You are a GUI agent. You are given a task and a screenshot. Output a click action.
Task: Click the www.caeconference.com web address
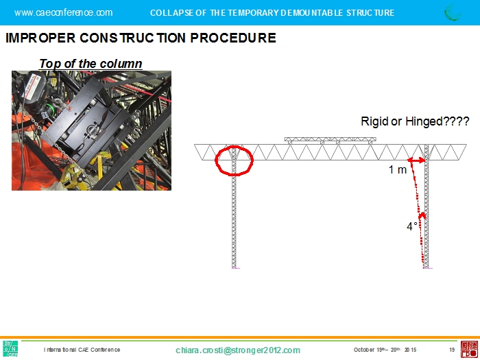tap(63, 12)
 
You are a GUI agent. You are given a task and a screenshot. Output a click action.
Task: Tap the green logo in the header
tap(453, 12)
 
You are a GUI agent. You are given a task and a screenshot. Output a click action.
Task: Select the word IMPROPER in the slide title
tap(40, 38)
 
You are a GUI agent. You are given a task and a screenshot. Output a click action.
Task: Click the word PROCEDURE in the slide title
tap(233, 38)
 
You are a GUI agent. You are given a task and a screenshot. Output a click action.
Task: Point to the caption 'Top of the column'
tap(91, 64)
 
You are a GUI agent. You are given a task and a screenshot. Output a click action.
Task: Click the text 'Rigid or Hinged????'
tap(415, 121)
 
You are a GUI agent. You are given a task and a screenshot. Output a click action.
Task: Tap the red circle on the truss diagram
tap(216, 160)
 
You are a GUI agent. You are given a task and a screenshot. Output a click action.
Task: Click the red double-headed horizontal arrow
tap(416, 160)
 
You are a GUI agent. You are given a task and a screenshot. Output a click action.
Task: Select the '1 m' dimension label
tap(397, 169)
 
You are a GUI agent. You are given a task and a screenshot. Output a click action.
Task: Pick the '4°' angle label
tap(412, 226)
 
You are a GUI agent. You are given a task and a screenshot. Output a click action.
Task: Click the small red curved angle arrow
tap(422, 215)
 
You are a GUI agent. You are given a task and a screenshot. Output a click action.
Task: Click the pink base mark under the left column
tap(236, 268)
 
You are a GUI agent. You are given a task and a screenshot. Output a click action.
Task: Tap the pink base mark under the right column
tap(428, 268)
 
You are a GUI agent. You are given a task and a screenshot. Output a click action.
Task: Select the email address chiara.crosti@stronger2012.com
tap(238, 350)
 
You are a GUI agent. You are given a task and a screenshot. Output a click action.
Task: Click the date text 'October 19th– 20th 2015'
tap(385, 350)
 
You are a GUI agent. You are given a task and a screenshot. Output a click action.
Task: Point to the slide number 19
tap(452, 350)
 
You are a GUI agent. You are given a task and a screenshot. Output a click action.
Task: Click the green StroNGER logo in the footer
tap(10, 348)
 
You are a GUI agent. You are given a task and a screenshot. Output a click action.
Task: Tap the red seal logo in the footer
tap(469, 349)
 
